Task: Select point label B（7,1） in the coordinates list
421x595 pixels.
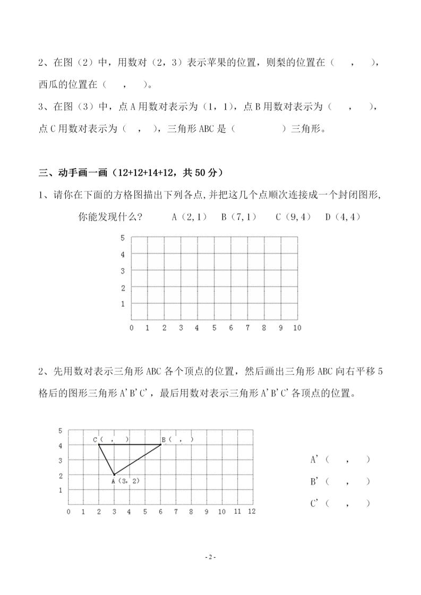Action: click(238, 216)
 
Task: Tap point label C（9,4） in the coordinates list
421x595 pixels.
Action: click(292, 216)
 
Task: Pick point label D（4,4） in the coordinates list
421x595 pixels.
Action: click(343, 216)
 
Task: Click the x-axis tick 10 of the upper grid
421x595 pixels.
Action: click(296, 328)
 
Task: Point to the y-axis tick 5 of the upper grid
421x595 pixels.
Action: click(123, 238)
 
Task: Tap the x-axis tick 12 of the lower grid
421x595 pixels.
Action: click(252, 511)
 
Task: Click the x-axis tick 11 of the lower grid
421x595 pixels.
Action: click(237, 511)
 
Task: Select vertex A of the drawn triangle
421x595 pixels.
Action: click(114, 475)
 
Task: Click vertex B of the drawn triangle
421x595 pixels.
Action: click(161, 444)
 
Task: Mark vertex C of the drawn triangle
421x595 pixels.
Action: click(99, 444)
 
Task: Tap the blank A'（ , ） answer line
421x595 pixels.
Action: click(340, 460)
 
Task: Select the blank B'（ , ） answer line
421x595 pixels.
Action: click(340, 482)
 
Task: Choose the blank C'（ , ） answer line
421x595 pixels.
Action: click(340, 503)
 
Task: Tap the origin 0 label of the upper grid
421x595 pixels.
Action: click(132, 328)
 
